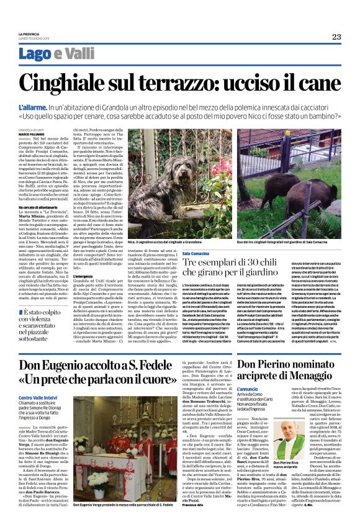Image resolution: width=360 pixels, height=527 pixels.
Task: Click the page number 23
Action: coord(336,37)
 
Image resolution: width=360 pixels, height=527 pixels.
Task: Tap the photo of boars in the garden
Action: coord(287,186)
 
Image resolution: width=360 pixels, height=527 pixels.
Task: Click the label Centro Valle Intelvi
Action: coord(37,397)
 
